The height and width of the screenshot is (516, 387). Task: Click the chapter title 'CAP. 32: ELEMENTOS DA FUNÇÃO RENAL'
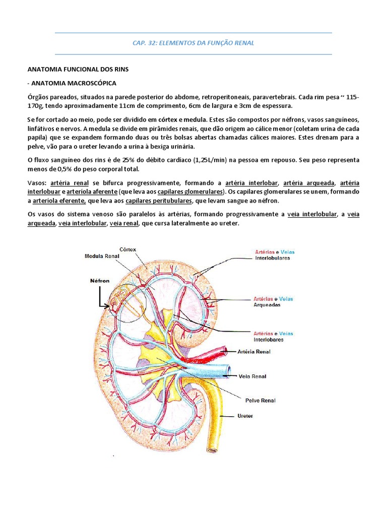pos(193,43)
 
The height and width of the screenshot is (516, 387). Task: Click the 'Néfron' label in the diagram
pos(99,281)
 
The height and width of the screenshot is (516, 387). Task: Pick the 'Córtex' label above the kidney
pos(128,249)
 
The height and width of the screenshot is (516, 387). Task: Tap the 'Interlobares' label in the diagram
pos(269,340)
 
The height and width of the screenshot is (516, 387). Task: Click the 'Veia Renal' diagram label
pos(252,376)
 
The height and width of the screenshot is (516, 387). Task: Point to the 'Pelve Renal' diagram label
pos(260,401)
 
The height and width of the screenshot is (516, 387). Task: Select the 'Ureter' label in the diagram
pos(245,416)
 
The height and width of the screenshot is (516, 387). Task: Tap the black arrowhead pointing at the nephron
pos(108,305)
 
